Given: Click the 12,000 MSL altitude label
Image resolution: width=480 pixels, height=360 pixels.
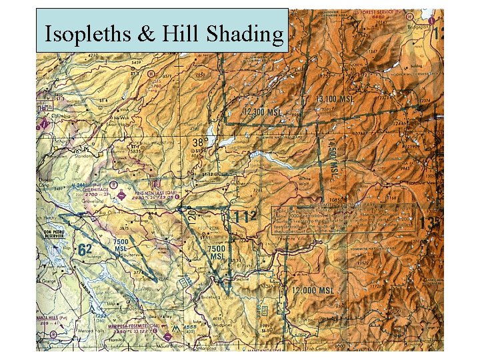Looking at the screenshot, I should pos(311,291).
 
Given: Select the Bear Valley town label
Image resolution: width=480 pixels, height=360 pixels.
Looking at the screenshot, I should pos(161,317).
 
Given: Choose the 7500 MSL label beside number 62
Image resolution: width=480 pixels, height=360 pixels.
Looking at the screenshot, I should pos(120,245).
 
